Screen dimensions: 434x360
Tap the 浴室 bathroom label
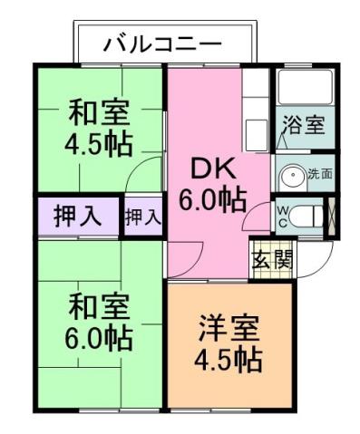tap(303, 124)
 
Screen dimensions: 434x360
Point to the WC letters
tap(282, 218)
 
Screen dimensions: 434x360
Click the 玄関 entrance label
tap(271, 259)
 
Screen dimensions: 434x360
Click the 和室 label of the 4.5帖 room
tap(99, 114)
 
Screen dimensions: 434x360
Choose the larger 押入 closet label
tap(77, 217)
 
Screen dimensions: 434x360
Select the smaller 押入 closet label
tap(142, 217)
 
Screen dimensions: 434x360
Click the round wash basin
tap(291, 175)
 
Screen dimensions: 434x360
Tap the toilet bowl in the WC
tap(309, 217)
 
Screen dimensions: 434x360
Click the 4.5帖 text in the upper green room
tap(99, 144)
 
